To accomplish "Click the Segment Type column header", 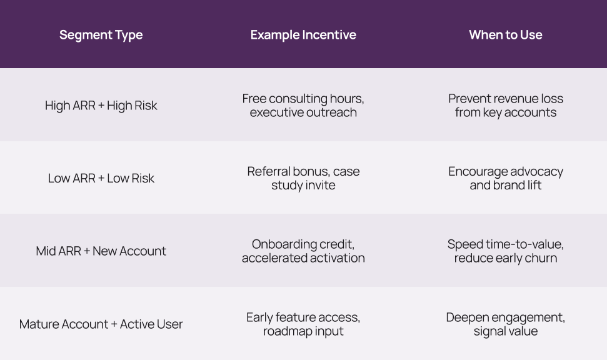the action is point(101,35).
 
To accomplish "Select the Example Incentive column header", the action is point(303,35).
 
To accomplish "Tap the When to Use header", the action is point(506,35).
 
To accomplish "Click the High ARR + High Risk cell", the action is point(101,106).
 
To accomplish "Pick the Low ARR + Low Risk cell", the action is point(101,178).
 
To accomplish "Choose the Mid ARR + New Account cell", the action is point(101,251).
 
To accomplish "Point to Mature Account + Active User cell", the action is point(101,324).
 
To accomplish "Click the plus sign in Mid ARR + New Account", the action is point(87,251).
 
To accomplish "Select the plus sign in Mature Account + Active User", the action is point(114,324).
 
